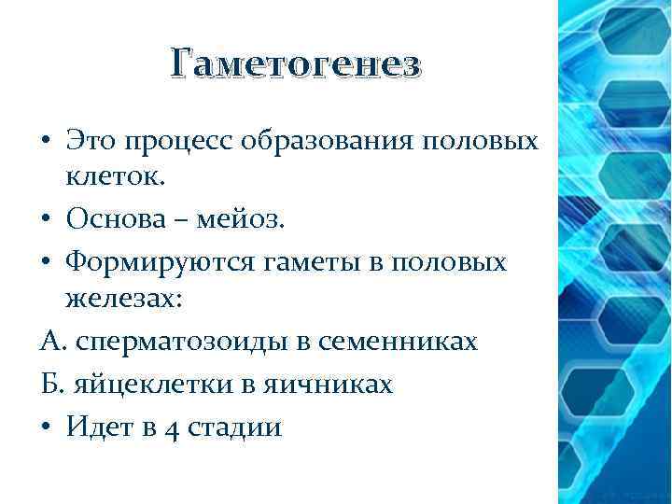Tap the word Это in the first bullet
point(90,142)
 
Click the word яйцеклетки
point(136,383)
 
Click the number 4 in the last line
point(169,427)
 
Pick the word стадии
point(233,427)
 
